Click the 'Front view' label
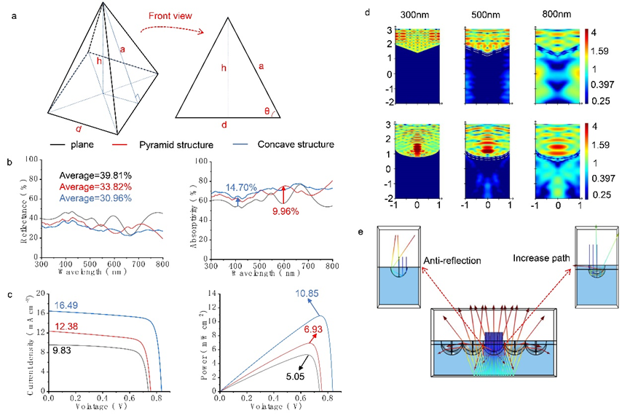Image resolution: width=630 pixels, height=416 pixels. coord(169,14)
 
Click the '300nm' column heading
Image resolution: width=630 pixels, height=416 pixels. coord(416,14)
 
